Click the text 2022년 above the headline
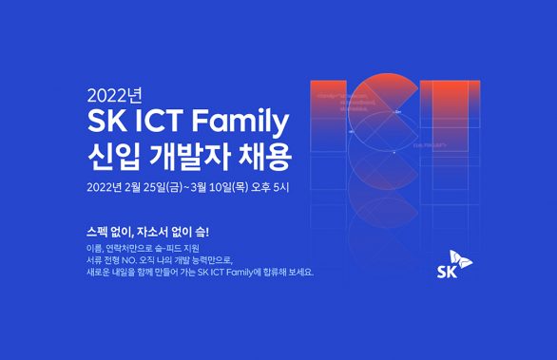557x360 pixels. tap(113, 97)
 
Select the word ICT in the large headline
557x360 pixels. tap(163, 123)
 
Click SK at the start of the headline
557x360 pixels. tap(106, 123)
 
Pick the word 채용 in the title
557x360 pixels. tap(265, 153)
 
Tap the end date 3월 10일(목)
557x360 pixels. tap(223, 185)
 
